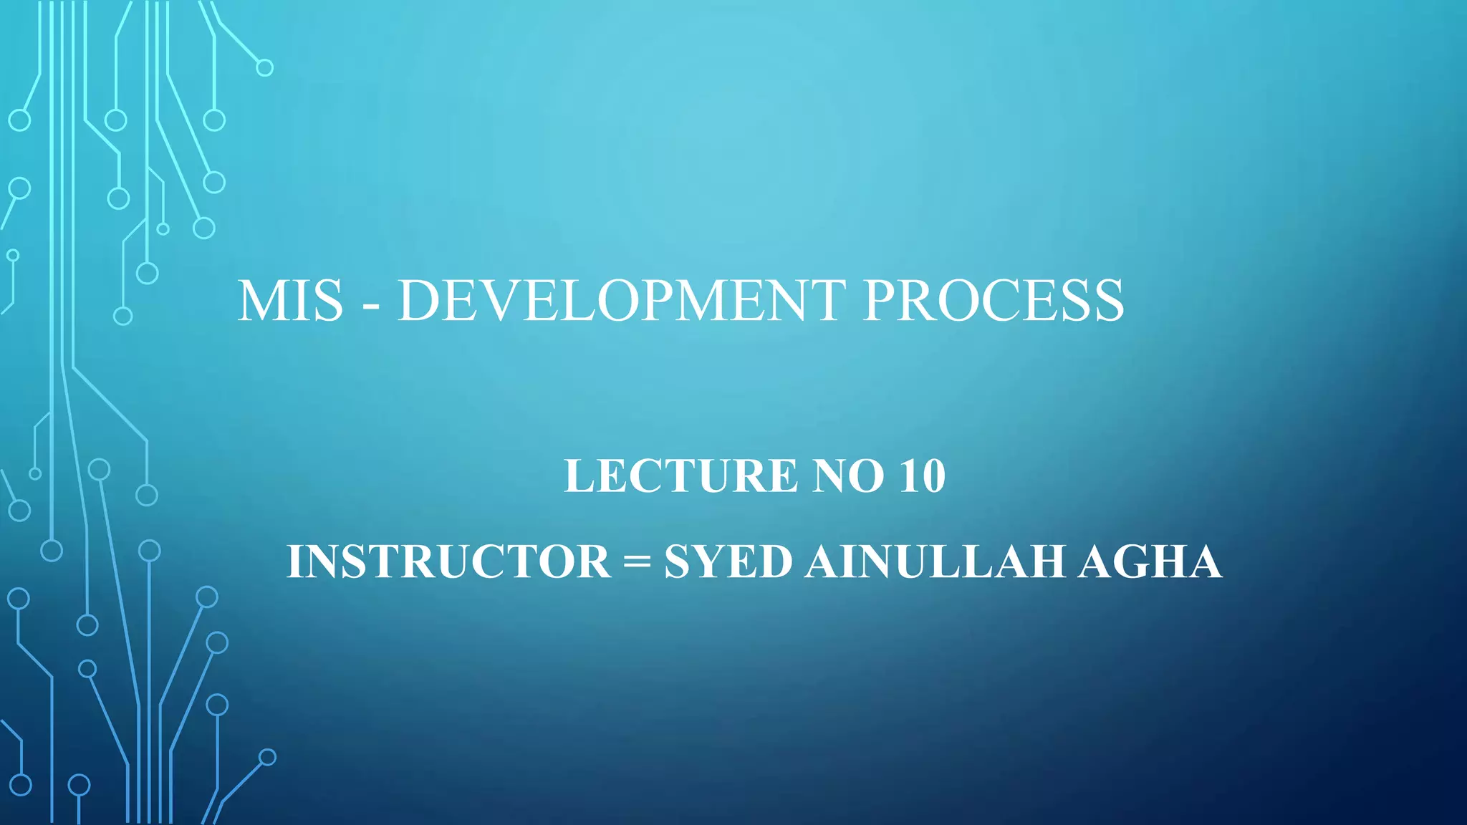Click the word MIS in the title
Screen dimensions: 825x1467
[291, 300]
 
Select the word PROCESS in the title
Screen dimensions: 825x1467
[994, 300]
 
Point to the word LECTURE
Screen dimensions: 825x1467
[680, 476]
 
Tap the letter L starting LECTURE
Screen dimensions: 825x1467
[578, 476]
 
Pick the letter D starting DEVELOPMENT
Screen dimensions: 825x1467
[419, 300]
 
